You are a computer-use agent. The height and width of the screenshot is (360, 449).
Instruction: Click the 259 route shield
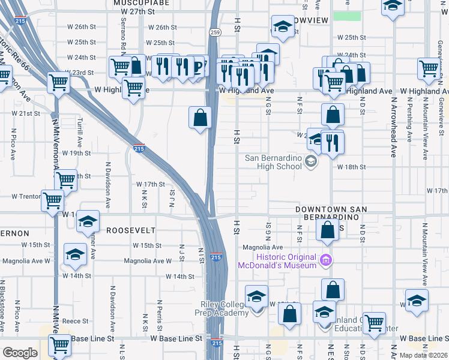pos(214,31)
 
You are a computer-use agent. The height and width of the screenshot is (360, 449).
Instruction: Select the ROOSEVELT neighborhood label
pos(131,230)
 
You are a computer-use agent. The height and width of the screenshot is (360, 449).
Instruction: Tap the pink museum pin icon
pos(326,260)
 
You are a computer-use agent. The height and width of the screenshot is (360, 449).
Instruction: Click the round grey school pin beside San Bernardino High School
pos(310,161)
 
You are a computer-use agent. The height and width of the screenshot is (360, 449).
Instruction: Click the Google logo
pos(20,353)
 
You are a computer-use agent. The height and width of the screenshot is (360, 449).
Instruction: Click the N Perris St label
pos(159,315)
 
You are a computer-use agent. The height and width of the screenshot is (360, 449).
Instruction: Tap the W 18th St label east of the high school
pos(351,167)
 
